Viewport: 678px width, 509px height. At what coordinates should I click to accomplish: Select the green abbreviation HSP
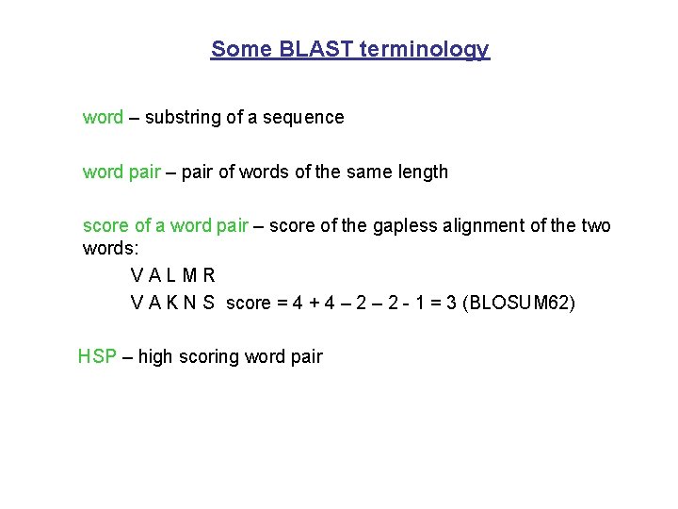point(97,356)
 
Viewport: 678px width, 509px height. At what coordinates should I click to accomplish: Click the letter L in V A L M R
point(172,276)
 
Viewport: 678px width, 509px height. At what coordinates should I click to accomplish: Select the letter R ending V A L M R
point(209,276)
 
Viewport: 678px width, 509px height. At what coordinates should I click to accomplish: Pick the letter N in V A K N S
point(190,303)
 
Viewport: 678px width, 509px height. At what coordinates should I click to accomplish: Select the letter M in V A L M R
point(190,276)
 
